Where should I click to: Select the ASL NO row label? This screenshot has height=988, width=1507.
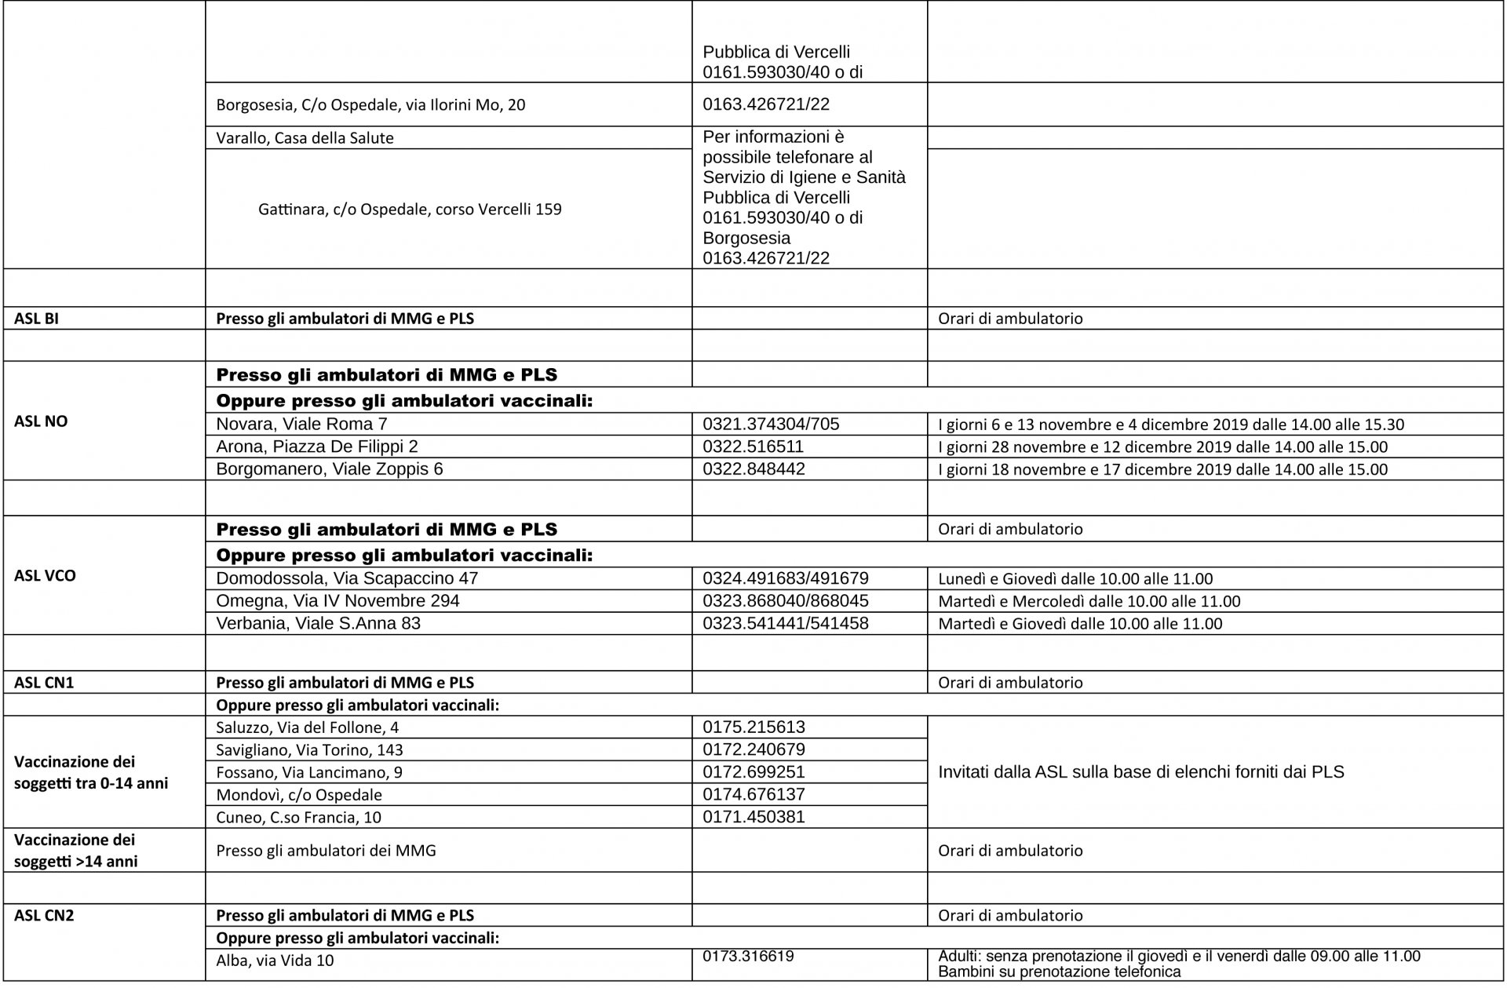[41, 421]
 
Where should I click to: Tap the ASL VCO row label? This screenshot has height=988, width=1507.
[45, 575]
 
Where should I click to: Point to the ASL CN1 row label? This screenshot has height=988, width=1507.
[44, 683]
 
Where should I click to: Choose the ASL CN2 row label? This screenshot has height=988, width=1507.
[44, 915]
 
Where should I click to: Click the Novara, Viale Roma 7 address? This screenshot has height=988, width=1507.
[301, 425]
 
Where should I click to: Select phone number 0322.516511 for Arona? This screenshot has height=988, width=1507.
[753, 447]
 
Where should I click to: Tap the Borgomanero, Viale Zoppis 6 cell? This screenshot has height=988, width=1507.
[330, 469]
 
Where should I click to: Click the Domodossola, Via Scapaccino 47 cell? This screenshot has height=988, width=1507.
[347, 578]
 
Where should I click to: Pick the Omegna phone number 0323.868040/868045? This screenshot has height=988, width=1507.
[786, 601]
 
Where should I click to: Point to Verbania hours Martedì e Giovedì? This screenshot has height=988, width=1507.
[1080, 624]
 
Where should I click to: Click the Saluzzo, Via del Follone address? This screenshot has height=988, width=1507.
[307, 727]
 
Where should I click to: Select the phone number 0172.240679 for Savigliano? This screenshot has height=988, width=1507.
[753, 749]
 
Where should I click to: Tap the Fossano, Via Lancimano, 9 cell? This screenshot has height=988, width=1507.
[309, 772]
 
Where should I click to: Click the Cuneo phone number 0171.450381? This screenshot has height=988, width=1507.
[753, 817]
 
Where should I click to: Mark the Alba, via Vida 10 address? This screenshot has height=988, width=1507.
[275, 960]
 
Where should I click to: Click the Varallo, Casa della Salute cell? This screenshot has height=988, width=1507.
[305, 138]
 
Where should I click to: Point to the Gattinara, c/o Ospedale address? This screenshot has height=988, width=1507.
[410, 210]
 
